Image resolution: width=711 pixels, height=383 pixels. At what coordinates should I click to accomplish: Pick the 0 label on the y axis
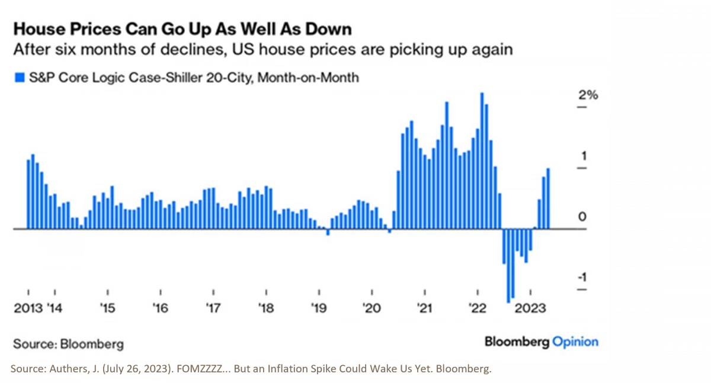click(x=582, y=217)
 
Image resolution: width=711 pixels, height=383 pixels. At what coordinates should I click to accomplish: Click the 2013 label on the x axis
click(x=27, y=308)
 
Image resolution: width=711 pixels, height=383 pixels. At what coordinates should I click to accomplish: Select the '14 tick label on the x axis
click(x=55, y=308)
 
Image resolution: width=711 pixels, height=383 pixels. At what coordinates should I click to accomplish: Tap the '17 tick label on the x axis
click(x=213, y=308)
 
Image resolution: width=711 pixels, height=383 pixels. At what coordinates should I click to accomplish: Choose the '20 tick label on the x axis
click(x=371, y=308)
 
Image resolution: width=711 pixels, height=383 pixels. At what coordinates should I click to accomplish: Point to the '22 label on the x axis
click(x=478, y=308)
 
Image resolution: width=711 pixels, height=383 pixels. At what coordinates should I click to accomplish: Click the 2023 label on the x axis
click(x=530, y=308)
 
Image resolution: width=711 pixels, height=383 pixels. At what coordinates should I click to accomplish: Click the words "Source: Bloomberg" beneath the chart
click(x=68, y=344)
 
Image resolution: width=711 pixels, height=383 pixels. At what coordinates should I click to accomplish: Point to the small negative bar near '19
click(x=328, y=232)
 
